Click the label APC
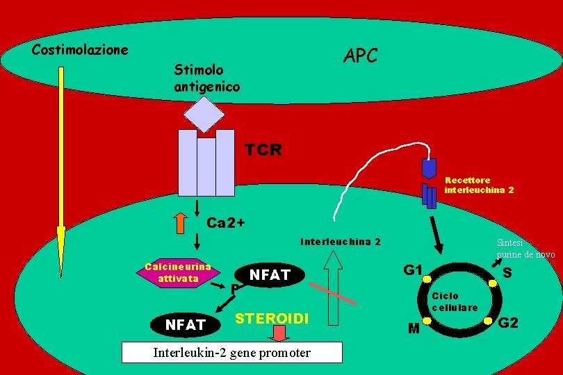(x=361, y=56)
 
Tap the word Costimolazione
(x=80, y=50)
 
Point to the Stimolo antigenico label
(x=206, y=78)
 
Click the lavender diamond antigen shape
(x=204, y=113)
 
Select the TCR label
(x=263, y=150)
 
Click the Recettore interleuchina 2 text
(x=479, y=185)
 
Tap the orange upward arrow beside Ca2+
(x=180, y=223)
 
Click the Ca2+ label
(x=226, y=223)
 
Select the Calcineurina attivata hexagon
(x=178, y=274)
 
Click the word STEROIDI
(x=272, y=319)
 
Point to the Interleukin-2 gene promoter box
(x=231, y=353)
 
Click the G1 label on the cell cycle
(x=413, y=269)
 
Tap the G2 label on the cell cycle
(x=509, y=322)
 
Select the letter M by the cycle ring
(x=414, y=328)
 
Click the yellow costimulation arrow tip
(x=61, y=250)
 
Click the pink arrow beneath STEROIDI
(x=279, y=333)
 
